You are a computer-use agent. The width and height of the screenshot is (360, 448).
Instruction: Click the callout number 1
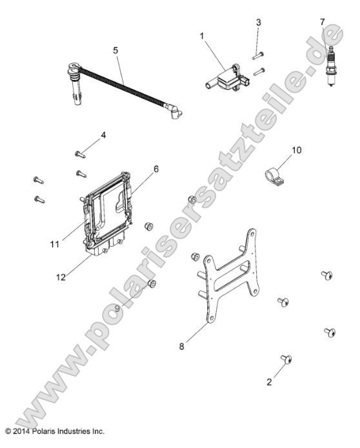[x=202, y=36]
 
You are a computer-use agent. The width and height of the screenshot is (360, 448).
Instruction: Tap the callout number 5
[x=115, y=50]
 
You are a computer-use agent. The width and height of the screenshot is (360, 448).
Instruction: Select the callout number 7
[x=323, y=22]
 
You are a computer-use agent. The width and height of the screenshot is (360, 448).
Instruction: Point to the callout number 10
[x=297, y=150]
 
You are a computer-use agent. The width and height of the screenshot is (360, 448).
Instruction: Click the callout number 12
[x=61, y=277]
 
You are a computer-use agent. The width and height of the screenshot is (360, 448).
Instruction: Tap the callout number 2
[x=269, y=382]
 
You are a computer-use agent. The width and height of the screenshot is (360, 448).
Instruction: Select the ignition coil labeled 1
[x=228, y=77]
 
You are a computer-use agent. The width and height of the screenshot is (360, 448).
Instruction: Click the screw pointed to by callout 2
[x=286, y=359]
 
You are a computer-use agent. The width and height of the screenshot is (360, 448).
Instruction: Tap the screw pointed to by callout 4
[x=80, y=154]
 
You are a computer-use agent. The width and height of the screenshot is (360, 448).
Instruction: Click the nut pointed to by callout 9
[x=152, y=284]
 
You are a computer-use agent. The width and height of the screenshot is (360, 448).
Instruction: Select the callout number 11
[x=55, y=244]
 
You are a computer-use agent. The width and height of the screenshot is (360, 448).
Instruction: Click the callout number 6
[x=156, y=169]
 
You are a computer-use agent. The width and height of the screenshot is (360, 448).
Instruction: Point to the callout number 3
[x=258, y=23]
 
